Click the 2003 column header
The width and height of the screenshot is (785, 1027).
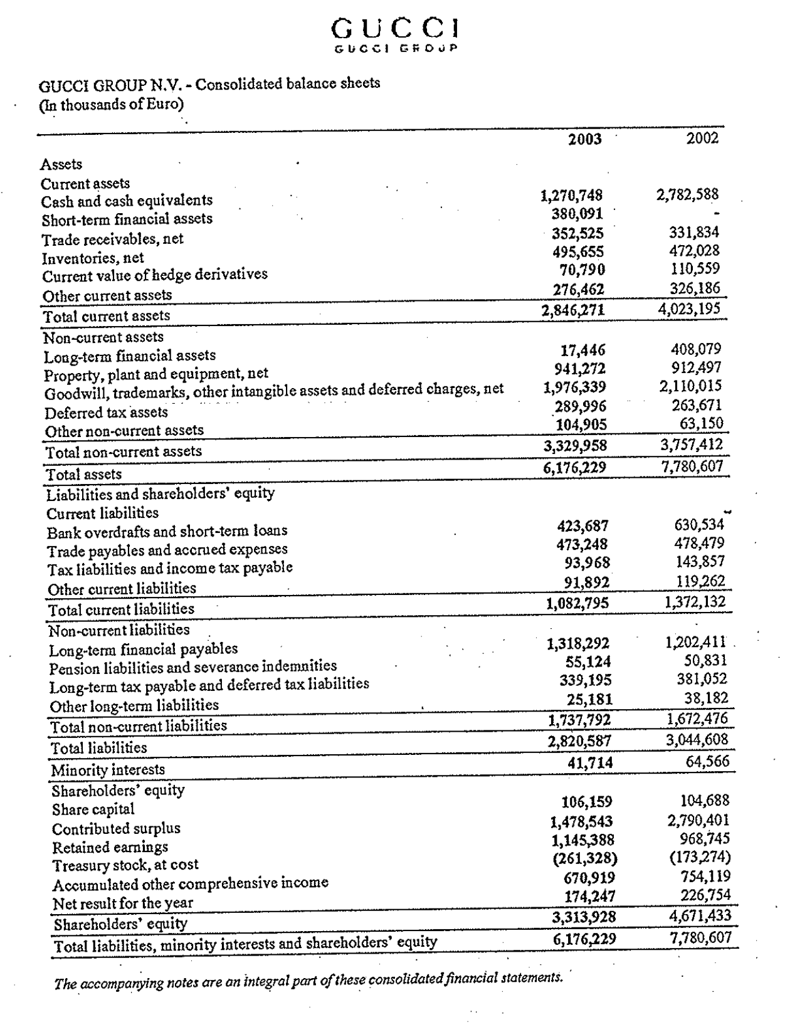coord(584,139)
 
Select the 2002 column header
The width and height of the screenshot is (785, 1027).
coord(702,138)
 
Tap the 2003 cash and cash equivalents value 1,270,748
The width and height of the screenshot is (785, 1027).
coord(571,196)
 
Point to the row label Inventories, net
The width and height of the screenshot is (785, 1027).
coord(93,258)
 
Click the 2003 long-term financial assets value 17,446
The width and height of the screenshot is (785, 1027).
coord(582,350)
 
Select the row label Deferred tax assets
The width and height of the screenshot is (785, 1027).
coord(106,413)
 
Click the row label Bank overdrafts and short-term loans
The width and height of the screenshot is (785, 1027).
coord(167,531)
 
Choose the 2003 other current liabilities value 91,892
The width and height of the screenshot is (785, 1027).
coord(586,582)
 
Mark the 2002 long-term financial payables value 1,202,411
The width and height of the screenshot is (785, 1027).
coord(695,642)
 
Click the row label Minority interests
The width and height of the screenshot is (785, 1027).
coord(108,769)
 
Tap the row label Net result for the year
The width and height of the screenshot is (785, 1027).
coord(123,903)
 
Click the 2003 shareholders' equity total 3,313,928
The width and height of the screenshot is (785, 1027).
coord(584,917)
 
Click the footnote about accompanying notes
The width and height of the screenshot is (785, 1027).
coord(308,980)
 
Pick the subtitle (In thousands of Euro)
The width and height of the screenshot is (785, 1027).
coord(112,104)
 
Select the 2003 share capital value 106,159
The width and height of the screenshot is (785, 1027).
coord(587,802)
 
